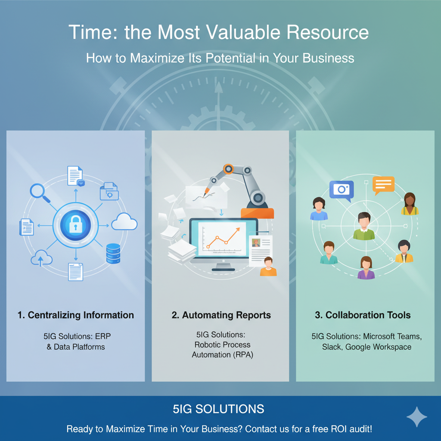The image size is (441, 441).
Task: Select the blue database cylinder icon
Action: (x=113, y=253)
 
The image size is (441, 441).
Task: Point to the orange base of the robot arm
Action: (x=257, y=213)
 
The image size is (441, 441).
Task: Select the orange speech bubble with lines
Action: (x=383, y=185)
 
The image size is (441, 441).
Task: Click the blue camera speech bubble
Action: (x=342, y=190)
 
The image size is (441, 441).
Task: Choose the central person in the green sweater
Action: (x=364, y=227)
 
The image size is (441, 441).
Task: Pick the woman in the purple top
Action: (x=366, y=267)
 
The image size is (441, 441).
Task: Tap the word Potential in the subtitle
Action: (x=230, y=58)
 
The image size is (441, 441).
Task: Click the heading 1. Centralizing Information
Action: (x=76, y=315)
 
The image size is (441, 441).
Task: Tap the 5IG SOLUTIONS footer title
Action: (x=218, y=409)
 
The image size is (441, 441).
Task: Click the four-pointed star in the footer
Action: (x=417, y=417)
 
